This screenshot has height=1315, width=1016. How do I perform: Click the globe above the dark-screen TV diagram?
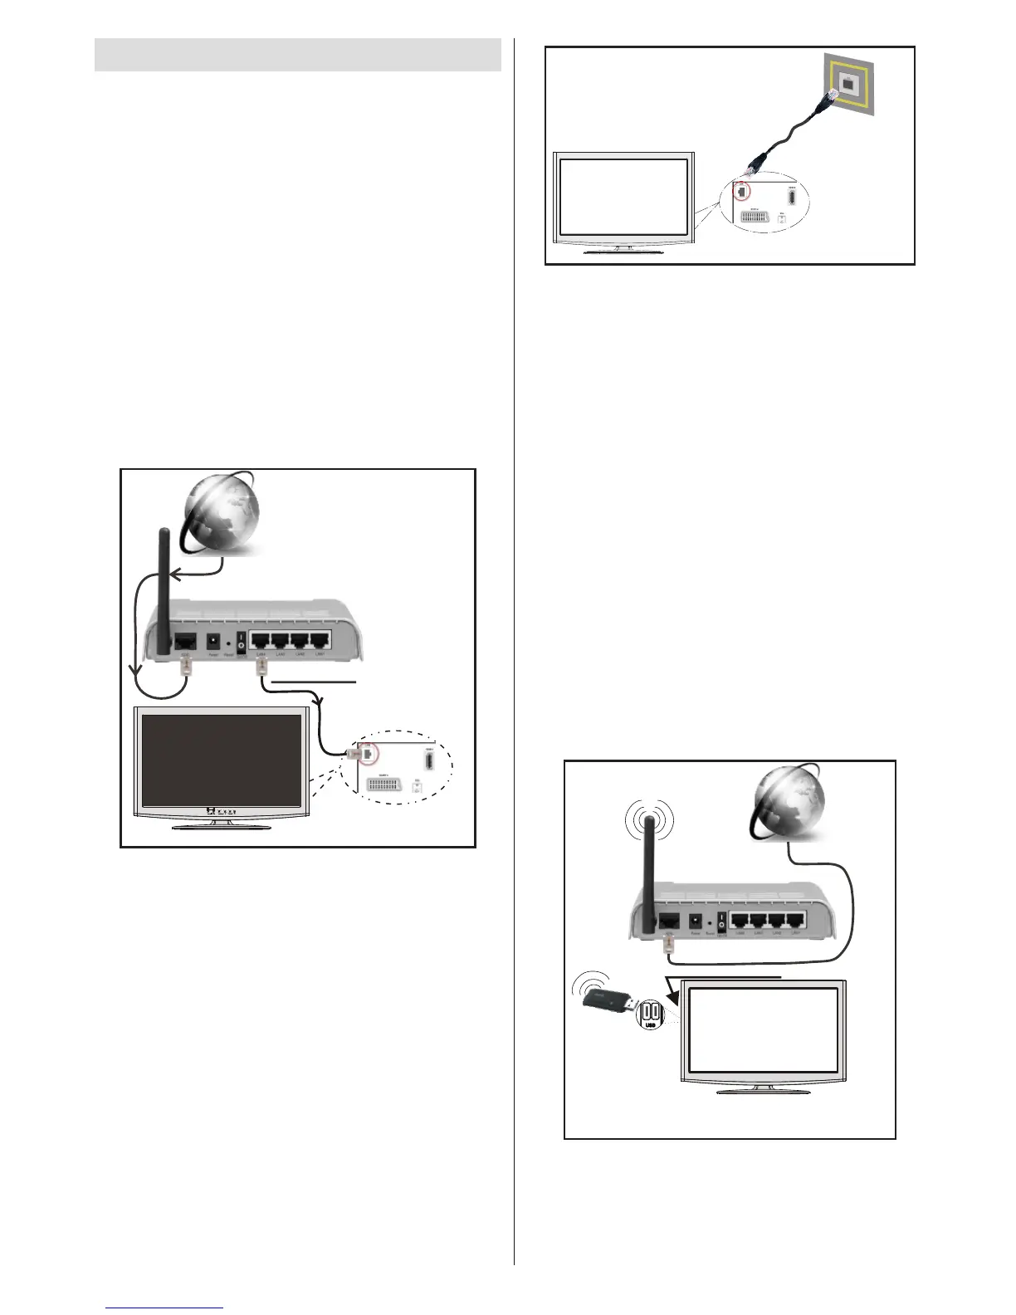[x=222, y=516]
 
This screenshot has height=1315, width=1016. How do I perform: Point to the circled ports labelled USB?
[x=650, y=1014]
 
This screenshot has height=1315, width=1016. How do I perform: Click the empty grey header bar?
[x=297, y=55]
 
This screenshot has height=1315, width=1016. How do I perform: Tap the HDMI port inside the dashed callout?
[x=429, y=760]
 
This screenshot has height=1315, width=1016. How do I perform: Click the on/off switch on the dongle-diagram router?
[x=721, y=921]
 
